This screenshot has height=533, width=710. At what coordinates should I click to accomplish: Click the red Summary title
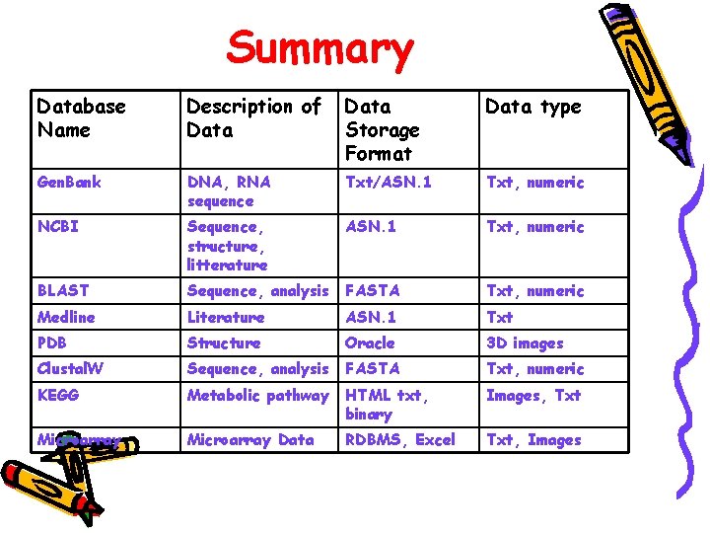click(x=319, y=48)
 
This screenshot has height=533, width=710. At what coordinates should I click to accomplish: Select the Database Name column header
click(x=81, y=118)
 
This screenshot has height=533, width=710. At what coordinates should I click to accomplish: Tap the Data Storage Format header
click(x=382, y=129)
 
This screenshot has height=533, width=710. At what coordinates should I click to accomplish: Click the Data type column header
click(x=532, y=107)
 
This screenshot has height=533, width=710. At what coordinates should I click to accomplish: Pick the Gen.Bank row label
click(x=69, y=183)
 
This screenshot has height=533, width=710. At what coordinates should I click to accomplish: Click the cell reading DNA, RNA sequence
click(x=229, y=191)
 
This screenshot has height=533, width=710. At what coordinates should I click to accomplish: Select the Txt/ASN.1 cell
click(x=389, y=183)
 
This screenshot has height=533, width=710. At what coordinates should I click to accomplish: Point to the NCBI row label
click(x=58, y=227)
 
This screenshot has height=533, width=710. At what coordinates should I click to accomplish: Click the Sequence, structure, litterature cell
click(x=227, y=246)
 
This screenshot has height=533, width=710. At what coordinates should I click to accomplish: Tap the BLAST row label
click(x=63, y=291)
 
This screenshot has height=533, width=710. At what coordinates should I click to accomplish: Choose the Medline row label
click(x=66, y=317)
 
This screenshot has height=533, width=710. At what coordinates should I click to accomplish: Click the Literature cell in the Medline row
click(x=226, y=317)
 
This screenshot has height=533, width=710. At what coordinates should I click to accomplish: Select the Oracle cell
click(x=370, y=343)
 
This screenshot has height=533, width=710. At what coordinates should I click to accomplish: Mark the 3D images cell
click(x=525, y=343)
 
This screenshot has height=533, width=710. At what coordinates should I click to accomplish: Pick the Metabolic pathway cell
click(x=258, y=395)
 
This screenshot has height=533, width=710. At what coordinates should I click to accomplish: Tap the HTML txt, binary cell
click(x=385, y=405)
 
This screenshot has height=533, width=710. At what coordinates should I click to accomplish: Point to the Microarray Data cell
click(x=250, y=440)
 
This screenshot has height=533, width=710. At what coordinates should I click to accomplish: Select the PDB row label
click(x=52, y=343)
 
